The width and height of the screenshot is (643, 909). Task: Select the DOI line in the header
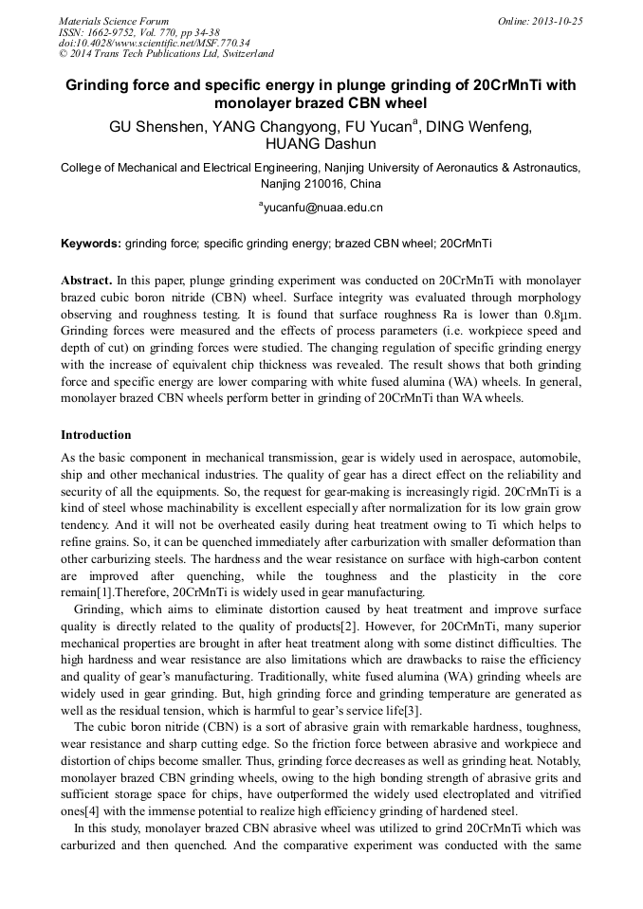tap(154, 43)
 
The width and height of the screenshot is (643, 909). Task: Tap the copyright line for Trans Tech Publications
tap(166, 54)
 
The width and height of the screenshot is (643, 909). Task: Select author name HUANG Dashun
tap(321, 145)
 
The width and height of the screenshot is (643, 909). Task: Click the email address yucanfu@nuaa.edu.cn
tap(322, 207)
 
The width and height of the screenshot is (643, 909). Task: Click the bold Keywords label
tap(91, 244)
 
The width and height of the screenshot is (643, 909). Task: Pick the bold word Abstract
tap(86, 282)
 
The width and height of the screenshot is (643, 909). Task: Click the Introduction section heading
tap(96, 435)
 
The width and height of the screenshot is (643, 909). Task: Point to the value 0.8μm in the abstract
tap(561, 316)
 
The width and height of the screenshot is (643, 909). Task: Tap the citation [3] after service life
tap(414, 710)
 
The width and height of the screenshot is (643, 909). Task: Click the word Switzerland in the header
tap(245, 54)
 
